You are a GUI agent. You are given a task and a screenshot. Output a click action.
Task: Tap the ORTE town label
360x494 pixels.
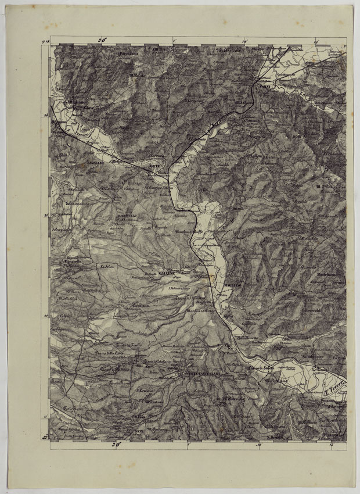coord(154,167)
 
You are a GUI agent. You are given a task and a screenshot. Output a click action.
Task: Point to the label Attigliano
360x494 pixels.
coord(75,102)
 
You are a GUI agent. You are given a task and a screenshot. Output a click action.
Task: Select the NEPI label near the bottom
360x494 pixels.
coord(138,431)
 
